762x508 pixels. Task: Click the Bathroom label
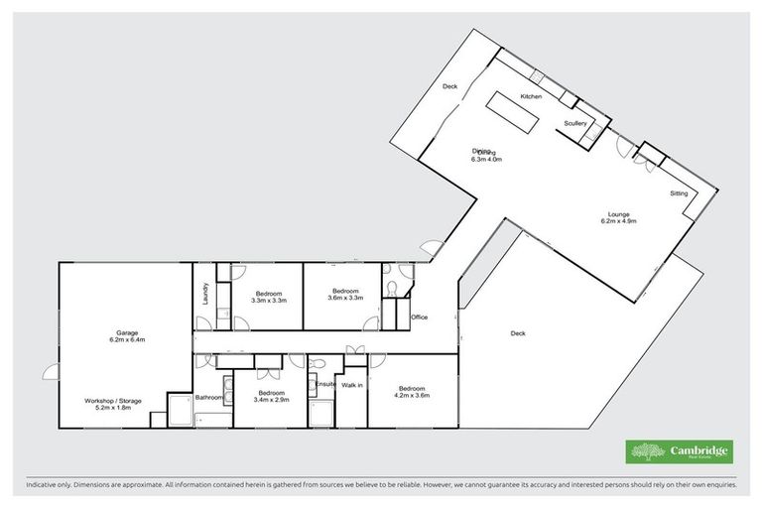pyautogui.click(x=208, y=398)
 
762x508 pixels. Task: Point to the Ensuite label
pyautogui.click(x=325, y=383)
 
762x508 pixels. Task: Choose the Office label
pyautogui.click(x=419, y=317)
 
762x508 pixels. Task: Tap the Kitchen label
pyautogui.click(x=530, y=96)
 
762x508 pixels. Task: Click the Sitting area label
pyautogui.click(x=679, y=193)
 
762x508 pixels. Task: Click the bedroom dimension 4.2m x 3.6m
pyautogui.click(x=412, y=395)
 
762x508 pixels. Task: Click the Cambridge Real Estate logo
pyautogui.click(x=680, y=451)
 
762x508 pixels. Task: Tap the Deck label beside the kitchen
pyautogui.click(x=449, y=86)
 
